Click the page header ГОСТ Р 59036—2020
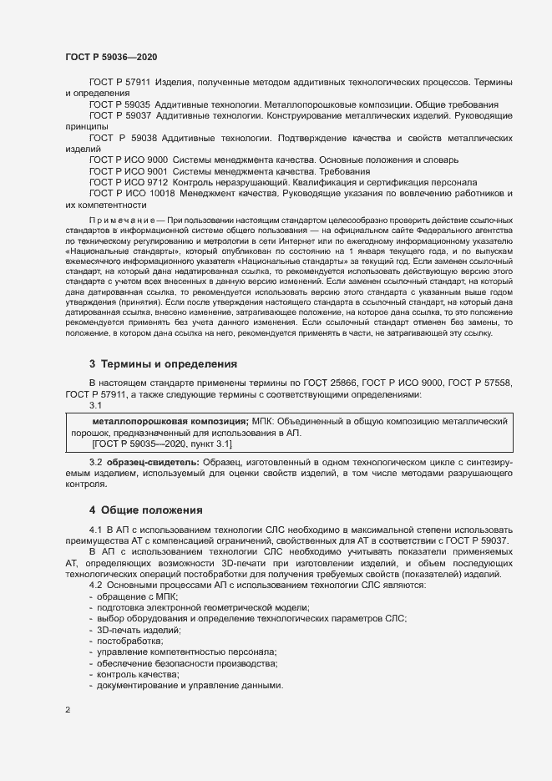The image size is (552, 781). (111, 56)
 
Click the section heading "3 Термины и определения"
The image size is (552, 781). (163, 364)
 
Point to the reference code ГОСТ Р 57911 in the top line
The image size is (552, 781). (119, 83)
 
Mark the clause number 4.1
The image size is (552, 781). (95, 530)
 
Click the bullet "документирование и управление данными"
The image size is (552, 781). (185, 685)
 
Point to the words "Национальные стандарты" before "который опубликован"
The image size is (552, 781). (120, 251)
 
